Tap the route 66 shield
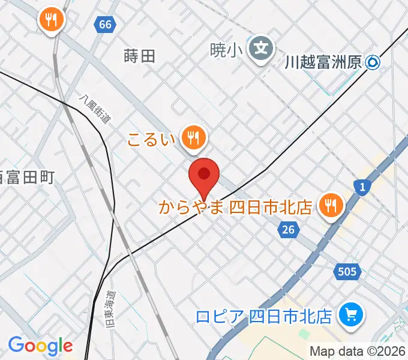104,25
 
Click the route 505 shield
346,272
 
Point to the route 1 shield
362,188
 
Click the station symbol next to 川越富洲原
374,61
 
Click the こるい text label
151,140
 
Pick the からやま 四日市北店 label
235,208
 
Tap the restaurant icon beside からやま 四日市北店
330,206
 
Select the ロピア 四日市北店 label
263,315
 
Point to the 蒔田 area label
139,56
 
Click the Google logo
40,346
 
